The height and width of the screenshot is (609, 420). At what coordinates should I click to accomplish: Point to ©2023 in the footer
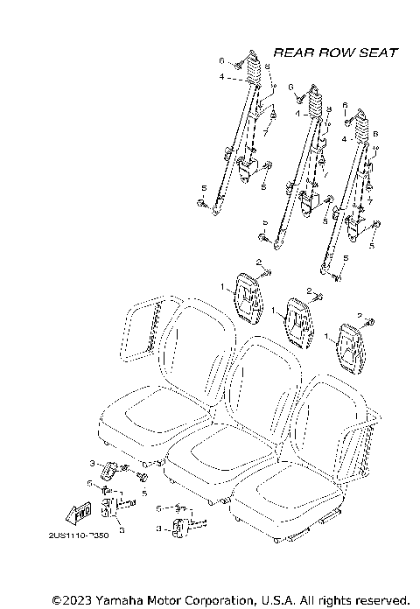[71, 599]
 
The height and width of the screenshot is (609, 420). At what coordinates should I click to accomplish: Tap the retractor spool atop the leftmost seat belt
[252, 66]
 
